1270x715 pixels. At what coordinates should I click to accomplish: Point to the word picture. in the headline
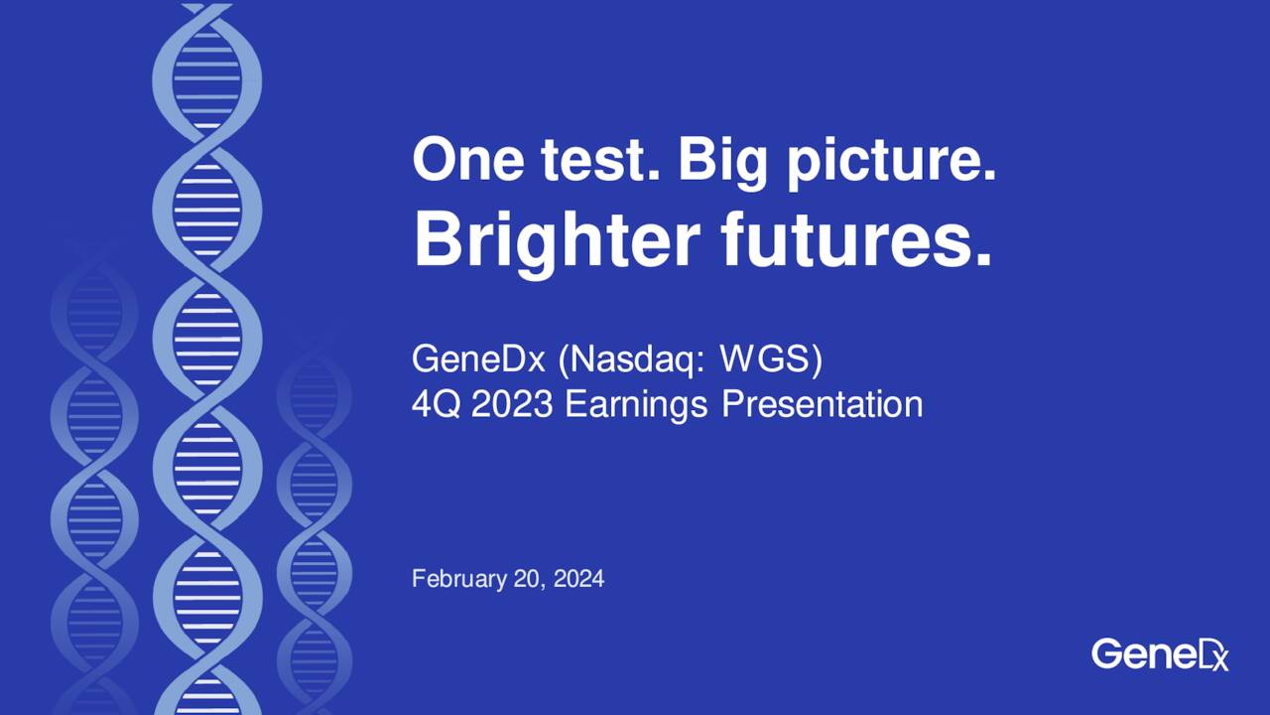pos(891,161)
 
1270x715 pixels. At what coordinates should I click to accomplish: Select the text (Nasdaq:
pos(632,359)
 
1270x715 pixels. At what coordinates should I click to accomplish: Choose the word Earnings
pos(636,404)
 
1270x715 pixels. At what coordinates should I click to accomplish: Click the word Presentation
pos(822,404)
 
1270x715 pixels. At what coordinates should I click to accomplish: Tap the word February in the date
pos(458,578)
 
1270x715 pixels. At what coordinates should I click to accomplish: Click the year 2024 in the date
pos(579,578)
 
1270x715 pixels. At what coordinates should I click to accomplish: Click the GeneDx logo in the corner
pos(1159,653)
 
